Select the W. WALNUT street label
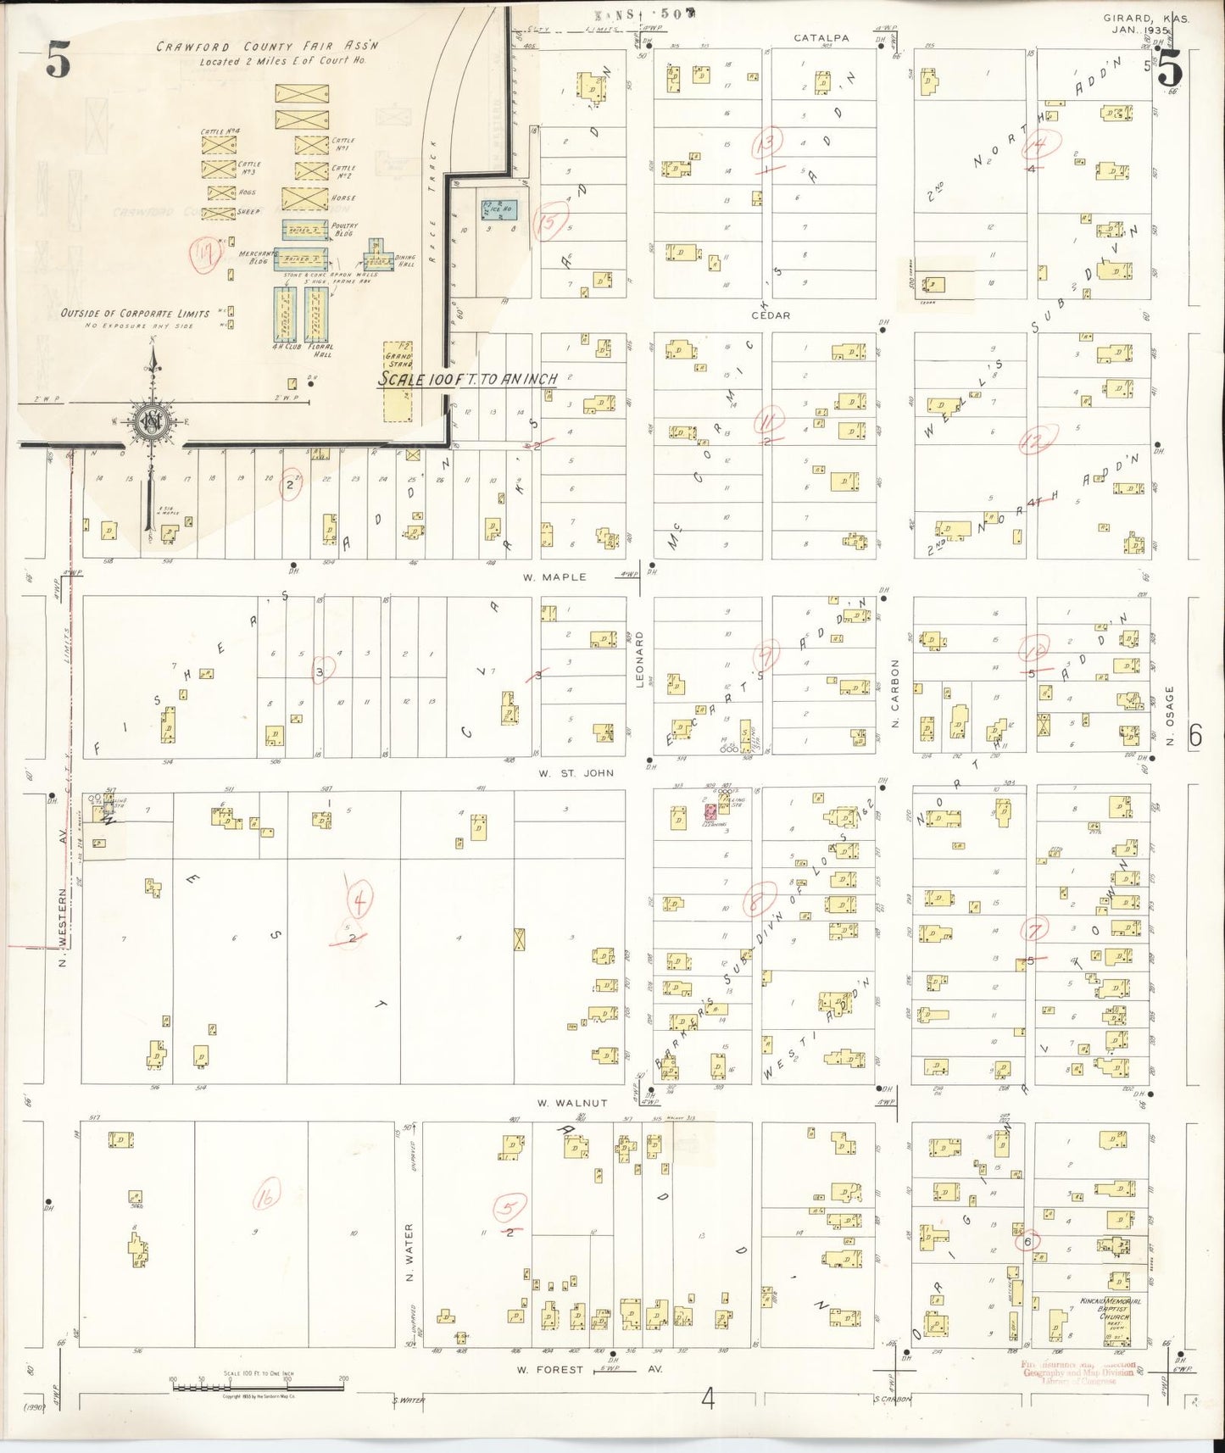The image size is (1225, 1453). tap(572, 1103)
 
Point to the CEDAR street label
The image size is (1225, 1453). tap(770, 315)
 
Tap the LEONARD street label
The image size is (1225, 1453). tap(640, 657)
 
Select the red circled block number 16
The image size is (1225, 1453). tap(266, 1198)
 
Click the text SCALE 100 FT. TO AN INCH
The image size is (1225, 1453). tap(467, 380)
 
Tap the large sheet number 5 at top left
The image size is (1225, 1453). tap(57, 61)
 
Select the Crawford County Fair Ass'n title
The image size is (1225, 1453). tap(266, 47)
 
